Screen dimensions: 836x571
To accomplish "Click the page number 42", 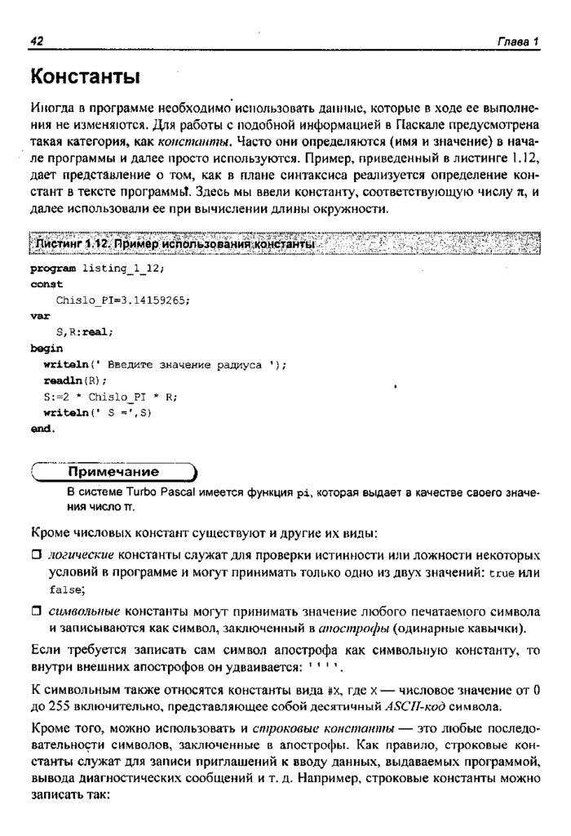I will (x=37, y=42).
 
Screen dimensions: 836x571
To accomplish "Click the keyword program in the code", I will (x=53, y=268).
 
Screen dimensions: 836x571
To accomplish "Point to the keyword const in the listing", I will (x=46, y=283).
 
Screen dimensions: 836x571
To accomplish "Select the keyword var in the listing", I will (x=40, y=315).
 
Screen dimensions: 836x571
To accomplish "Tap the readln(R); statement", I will (x=74, y=380).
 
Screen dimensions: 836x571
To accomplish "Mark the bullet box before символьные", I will (x=36, y=611).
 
